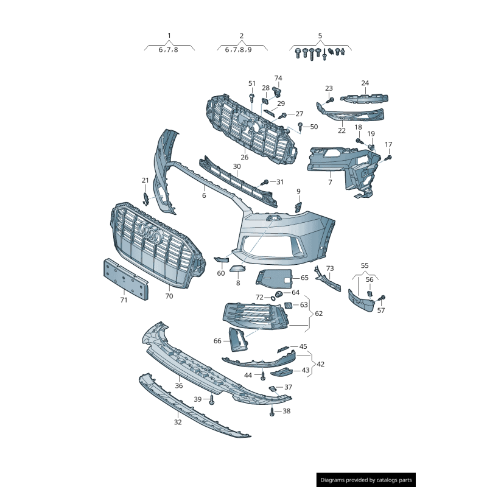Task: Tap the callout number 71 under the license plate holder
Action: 124,300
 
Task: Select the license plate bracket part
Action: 126,279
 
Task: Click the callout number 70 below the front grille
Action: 169,296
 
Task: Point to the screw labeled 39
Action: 211,399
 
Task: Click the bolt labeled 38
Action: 272,412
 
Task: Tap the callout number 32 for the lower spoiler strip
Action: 178,422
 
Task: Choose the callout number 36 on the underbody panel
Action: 179,386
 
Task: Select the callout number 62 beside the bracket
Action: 318,314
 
